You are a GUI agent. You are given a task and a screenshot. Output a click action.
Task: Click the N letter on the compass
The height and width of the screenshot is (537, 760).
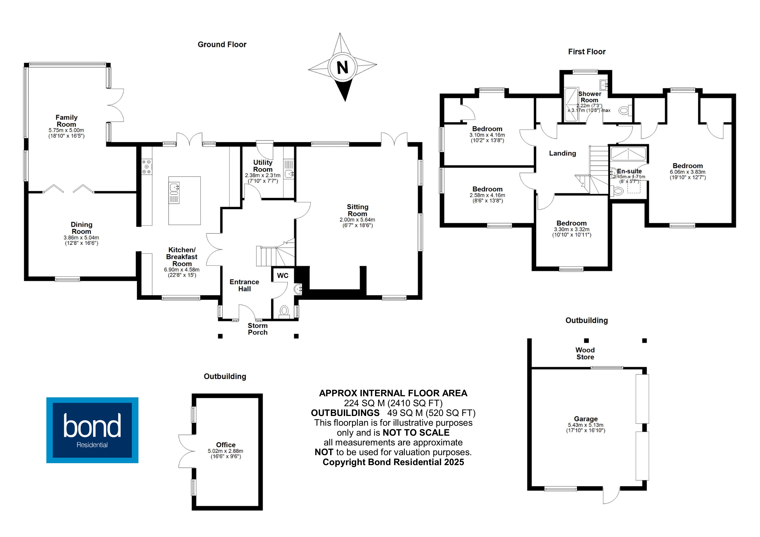342,68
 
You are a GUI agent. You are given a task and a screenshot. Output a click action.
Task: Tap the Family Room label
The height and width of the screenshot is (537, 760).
66,121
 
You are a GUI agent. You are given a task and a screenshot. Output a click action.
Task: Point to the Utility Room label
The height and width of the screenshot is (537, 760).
263,166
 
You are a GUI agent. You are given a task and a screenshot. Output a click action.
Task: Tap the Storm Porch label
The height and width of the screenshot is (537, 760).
258,329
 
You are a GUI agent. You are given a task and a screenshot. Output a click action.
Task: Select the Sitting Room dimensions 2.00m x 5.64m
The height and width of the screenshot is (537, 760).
357,220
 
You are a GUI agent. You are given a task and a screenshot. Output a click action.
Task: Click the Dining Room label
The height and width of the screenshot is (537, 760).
81,228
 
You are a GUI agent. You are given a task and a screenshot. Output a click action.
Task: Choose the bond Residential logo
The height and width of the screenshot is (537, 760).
92,430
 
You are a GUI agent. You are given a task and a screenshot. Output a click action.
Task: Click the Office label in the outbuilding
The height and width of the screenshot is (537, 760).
226,445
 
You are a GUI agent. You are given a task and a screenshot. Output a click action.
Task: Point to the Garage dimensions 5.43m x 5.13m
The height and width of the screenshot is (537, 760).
586,425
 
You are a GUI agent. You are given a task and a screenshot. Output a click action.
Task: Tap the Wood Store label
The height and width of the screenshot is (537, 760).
585,353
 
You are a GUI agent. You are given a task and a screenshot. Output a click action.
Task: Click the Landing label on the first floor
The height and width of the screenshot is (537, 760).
562,153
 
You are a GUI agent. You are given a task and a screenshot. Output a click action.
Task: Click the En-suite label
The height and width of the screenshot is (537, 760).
629,171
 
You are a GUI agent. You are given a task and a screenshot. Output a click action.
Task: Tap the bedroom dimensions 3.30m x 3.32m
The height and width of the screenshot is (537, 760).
572,229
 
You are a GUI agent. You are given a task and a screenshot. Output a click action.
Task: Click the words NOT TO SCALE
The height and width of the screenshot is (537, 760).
416,432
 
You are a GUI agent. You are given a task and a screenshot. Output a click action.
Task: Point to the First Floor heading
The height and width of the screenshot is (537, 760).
586,52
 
